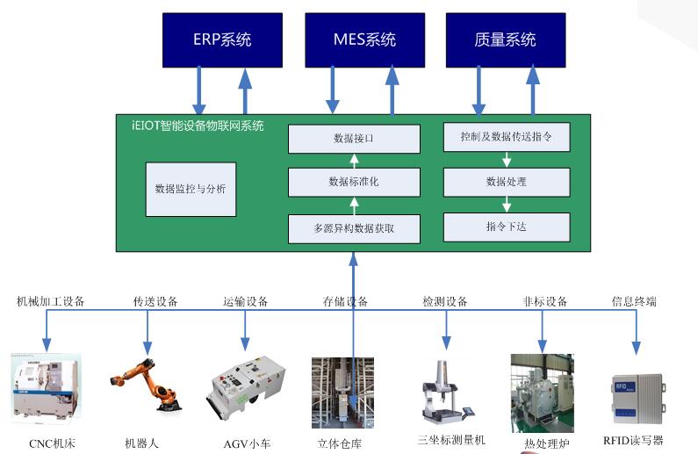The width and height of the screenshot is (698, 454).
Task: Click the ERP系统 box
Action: (222, 40)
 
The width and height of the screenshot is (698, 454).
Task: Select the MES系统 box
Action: (364, 40)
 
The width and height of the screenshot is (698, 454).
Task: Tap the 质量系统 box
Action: (505, 40)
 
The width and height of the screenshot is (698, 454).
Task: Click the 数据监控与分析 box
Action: (191, 189)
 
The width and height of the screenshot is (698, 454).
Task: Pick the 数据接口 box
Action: (354, 139)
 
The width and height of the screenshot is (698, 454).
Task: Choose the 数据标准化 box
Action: (354, 182)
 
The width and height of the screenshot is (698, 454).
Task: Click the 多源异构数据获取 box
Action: (354, 227)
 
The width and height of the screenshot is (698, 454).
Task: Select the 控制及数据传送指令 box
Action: (507, 137)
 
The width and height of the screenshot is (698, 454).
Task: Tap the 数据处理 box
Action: (507, 182)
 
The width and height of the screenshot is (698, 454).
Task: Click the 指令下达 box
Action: (507, 227)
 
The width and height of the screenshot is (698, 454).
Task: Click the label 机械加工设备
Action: (51, 301)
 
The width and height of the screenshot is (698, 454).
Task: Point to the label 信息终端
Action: (634, 301)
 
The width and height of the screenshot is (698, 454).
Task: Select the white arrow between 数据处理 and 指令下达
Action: (507, 204)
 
